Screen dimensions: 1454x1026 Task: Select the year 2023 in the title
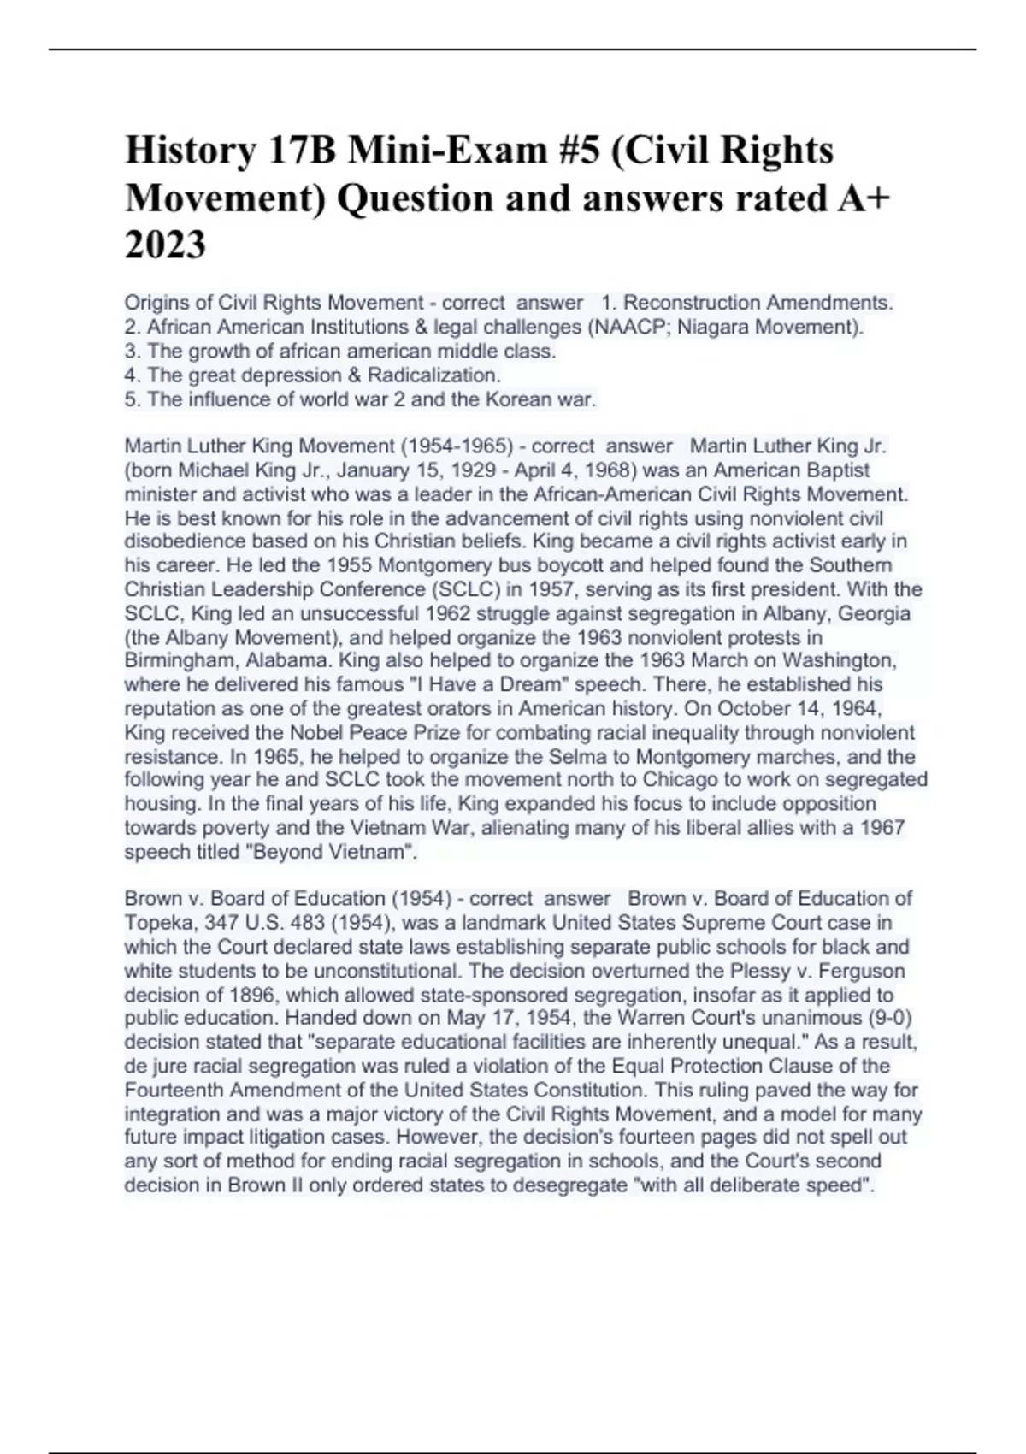pos(165,245)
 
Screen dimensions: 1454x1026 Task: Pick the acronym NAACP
pos(623,327)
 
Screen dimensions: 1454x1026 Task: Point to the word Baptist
pos(832,470)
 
